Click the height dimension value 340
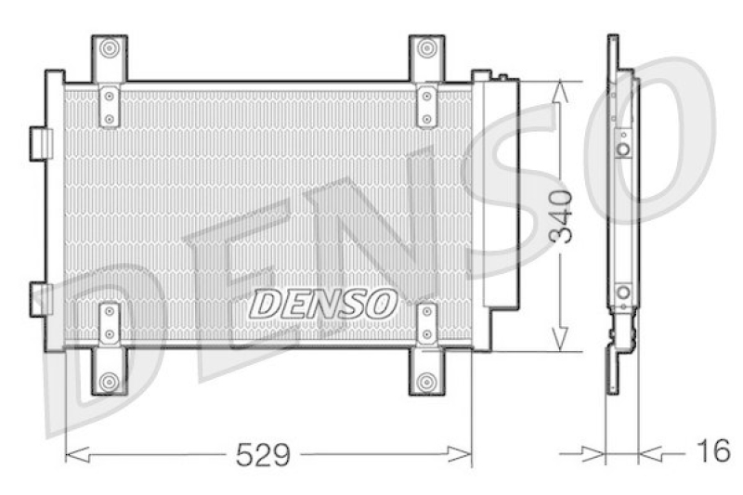pos(561,216)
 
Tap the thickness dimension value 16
pos(713,452)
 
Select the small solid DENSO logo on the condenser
pos(325,302)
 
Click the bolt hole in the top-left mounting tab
pos(110,48)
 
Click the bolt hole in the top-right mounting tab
pos(426,48)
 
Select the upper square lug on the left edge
pos(41,142)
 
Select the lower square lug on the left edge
pos(41,298)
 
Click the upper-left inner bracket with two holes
pos(110,105)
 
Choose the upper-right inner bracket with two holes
pos(426,105)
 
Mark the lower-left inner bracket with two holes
pos(110,322)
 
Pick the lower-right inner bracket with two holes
pos(426,322)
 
